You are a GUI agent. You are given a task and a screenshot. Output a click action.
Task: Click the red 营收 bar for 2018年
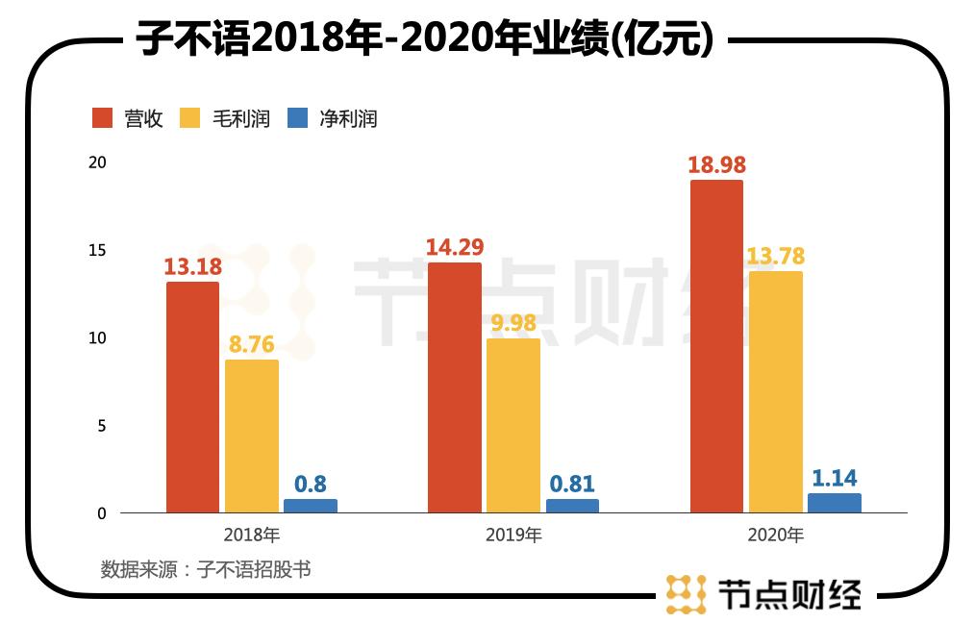tap(192, 397)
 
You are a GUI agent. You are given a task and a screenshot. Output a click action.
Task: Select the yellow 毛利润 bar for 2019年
tap(513, 425)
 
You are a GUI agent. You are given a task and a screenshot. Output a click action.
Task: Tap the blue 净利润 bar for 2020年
tap(834, 503)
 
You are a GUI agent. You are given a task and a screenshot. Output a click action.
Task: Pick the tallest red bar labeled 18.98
tap(716, 346)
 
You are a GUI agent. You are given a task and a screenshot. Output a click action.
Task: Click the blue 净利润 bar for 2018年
tap(310, 506)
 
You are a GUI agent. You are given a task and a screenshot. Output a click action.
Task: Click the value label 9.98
tap(514, 322)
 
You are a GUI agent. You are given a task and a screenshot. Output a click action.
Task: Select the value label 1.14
tap(834, 478)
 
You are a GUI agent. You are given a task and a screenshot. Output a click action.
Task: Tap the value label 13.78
tap(775, 256)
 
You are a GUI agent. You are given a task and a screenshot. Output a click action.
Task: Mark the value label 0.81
tap(571, 484)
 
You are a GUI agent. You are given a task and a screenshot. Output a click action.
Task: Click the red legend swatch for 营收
tap(103, 118)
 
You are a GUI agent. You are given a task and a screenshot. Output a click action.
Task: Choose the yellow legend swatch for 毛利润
tap(190, 118)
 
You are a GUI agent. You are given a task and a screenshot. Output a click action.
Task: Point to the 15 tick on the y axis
tap(96, 250)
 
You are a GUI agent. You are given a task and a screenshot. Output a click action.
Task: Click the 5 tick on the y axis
tap(101, 426)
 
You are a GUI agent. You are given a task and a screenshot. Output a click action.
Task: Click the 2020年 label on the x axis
tap(775, 536)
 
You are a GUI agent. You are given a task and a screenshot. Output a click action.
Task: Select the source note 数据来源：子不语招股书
tap(206, 569)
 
